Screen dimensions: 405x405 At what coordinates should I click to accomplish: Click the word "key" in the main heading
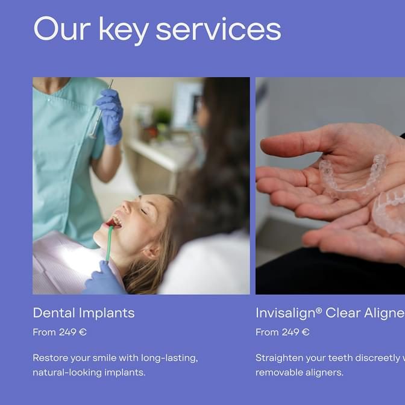[124, 31]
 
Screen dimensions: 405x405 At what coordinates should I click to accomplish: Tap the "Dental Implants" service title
[84, 313]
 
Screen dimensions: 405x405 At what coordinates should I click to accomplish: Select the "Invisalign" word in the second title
[286, 313]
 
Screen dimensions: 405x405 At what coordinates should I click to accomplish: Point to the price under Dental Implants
[60, 332]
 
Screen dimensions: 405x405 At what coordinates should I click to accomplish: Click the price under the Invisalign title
[282, 332]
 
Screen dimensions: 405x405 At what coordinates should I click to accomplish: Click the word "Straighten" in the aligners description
[278, 358]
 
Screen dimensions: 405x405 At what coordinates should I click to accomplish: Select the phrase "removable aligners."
[300, 372]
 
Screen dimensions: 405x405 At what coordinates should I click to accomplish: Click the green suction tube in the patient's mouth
[110, 243]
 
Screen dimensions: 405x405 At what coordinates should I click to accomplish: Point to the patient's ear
[151, 251]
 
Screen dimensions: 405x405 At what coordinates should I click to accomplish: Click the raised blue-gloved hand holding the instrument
[110, 117]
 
